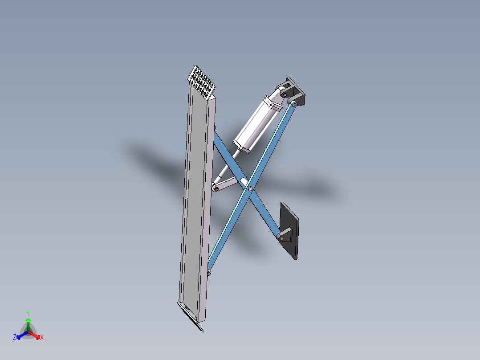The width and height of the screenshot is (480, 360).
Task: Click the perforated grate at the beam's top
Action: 202,83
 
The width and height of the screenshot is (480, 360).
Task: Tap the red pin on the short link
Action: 216,189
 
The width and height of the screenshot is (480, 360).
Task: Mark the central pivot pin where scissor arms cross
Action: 251,189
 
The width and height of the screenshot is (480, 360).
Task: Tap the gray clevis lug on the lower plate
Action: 284,235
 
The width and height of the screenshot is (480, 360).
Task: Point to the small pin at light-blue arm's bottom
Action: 209,272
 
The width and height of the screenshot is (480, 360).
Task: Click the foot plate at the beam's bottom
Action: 191,316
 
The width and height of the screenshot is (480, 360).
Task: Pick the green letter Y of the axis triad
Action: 28,313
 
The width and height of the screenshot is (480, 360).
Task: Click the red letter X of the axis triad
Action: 42,338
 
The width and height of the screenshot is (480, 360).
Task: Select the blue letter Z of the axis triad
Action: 15,337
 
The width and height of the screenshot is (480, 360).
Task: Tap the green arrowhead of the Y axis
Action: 28,320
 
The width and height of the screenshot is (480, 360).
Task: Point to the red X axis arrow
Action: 36,335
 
